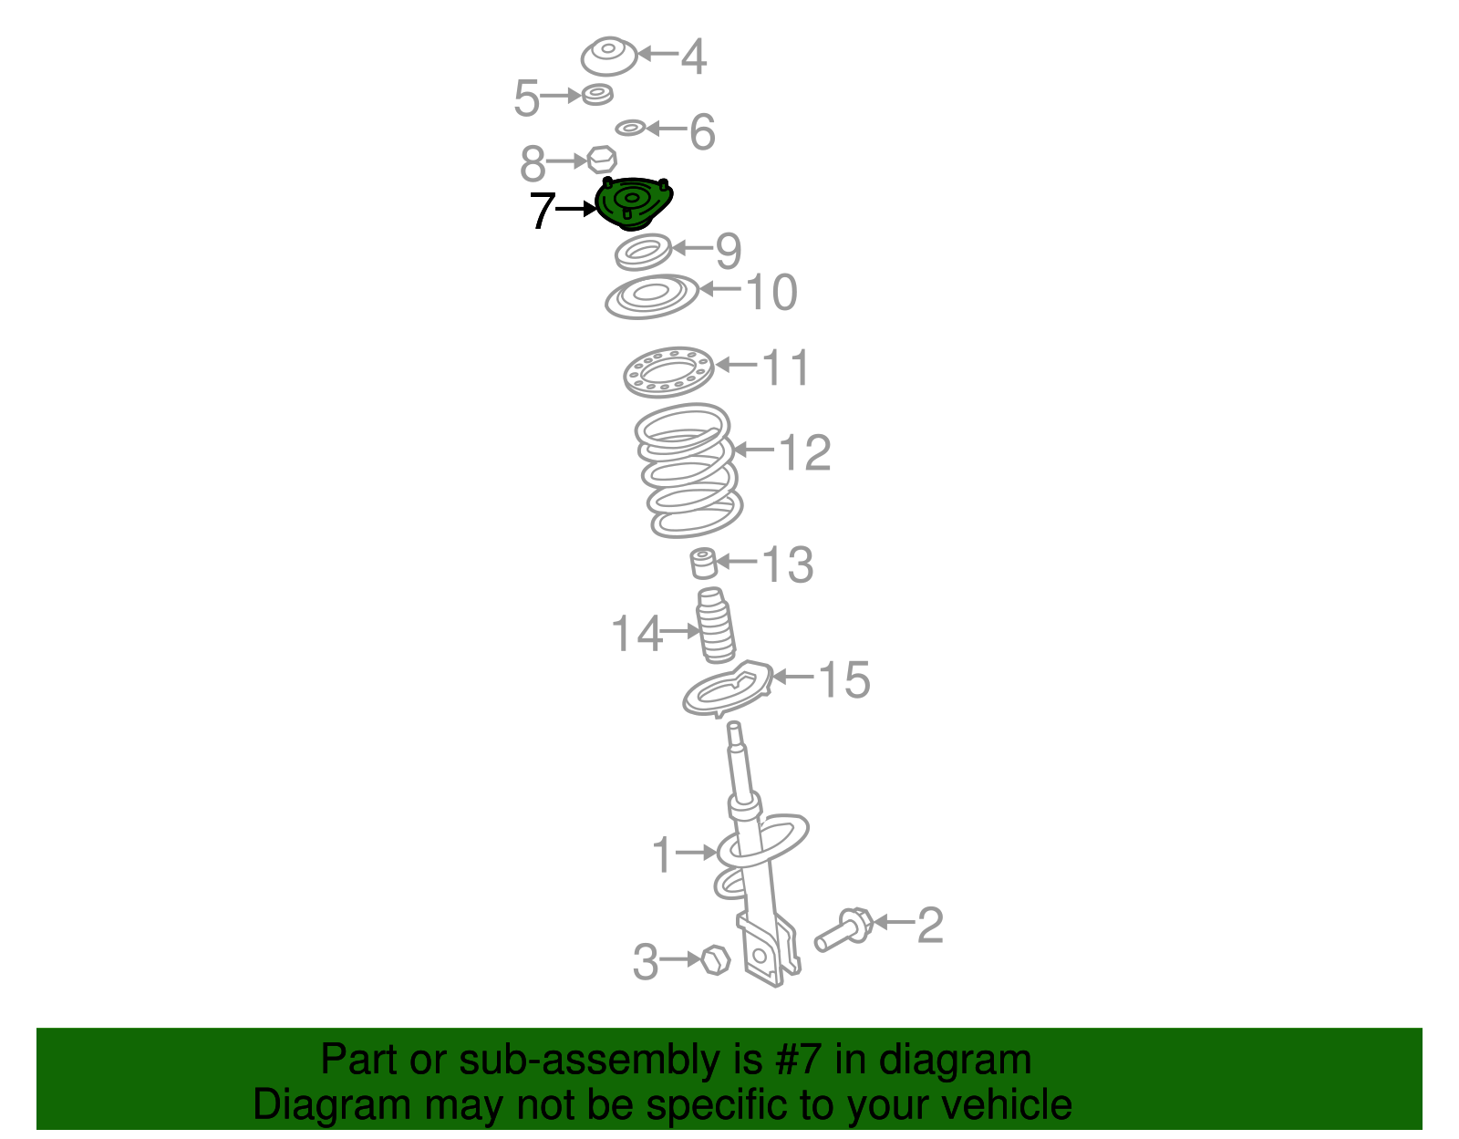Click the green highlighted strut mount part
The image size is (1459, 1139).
[x=633, y=202]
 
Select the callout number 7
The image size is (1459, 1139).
[x=543, y=211]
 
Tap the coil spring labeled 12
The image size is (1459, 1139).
[x=688, y=471]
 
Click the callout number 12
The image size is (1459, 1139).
[x=805, y=452]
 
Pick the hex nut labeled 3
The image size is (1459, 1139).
[x=716, y=959]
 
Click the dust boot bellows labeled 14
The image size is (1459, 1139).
[x=717, y=626]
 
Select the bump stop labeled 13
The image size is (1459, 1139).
[x=703, y=564]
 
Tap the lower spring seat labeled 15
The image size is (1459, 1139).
[x=728, y=689]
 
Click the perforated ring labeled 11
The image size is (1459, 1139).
[x=668, y=372]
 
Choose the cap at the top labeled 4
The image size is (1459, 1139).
[x=609, y=57]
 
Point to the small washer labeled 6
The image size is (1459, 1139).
[x=630, y=128]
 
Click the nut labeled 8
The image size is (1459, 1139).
[x=602, y=160]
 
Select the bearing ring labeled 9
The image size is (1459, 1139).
[x=643, y=252]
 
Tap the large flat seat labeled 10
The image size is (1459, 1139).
[x=652, y=296]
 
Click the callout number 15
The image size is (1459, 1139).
[x=844, y=679]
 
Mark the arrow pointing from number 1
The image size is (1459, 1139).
[x=696, y=853]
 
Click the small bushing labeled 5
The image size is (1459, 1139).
[x=597, y=95]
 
